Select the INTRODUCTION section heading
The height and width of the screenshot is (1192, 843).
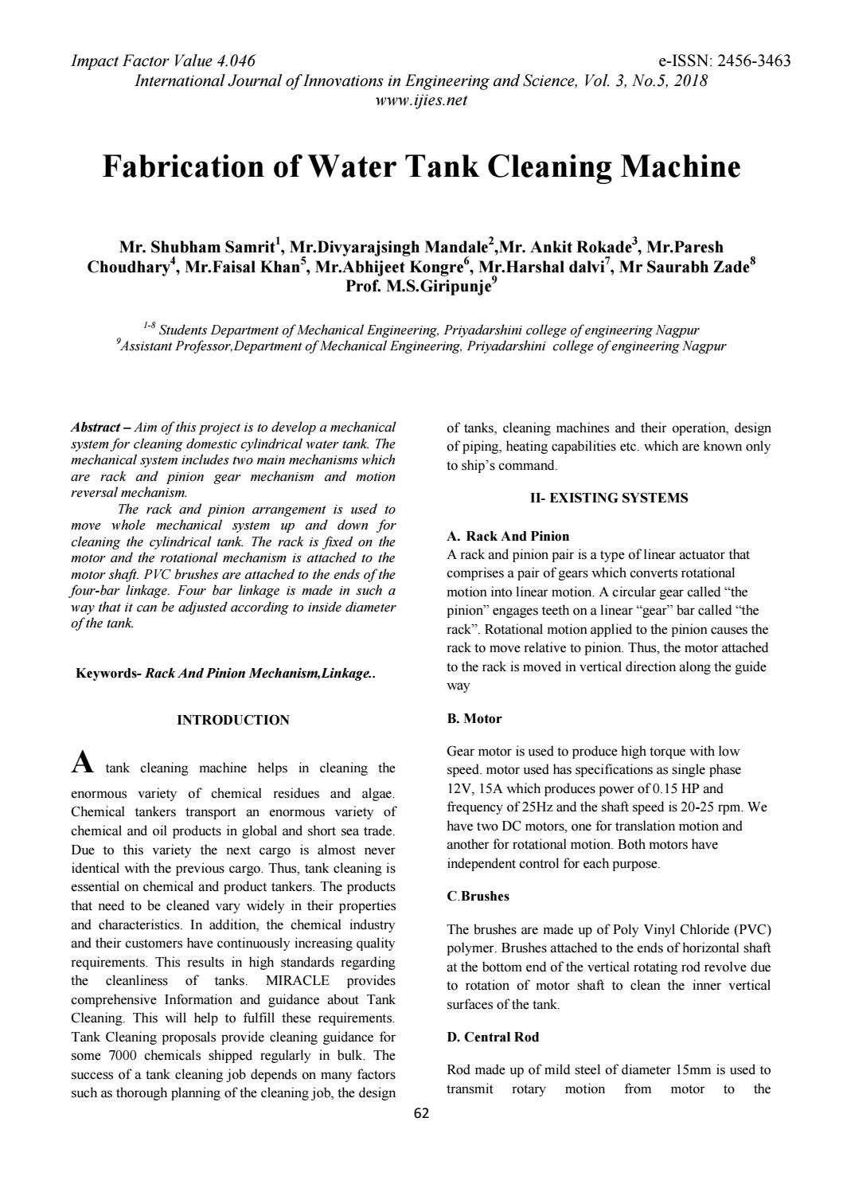[x=232, y=721]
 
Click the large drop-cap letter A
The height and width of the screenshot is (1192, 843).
[x=83, y=764]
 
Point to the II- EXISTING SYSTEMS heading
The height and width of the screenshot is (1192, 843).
[x=609, y=498]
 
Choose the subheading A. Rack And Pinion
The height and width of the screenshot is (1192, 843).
[x=508, y=536]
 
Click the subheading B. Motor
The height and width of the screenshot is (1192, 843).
[x=474, y=719]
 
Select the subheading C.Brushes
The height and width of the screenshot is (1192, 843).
[x=478, y=897]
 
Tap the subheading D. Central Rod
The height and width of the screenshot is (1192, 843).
[x=493, y=1038]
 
